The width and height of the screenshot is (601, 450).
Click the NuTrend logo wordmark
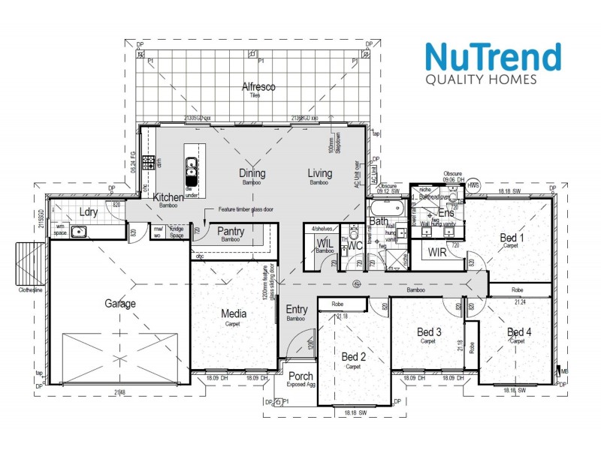pyautogui.click(x=492, y=57)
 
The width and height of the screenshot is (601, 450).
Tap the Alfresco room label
pyautogui.click(x=258, y=87)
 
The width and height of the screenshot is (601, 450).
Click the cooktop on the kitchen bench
pyautogui.click(x=149, y=162)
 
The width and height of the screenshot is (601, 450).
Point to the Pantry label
pyautogui.click(x=230, y=232)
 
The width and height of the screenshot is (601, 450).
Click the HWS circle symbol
pyautogui.click(x=473, y=184)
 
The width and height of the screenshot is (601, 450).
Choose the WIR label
pyautogui.click(x=437, y=253)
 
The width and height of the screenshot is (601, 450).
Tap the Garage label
pyautogui.click(x=120, y=304)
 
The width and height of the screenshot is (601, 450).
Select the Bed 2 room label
pyautogui.click(x=353, y=356)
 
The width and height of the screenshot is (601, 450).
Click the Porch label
pyautogui.click(x=300, y=376)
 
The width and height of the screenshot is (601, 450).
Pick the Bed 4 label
pyautogui.click(x=519, y=332)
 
